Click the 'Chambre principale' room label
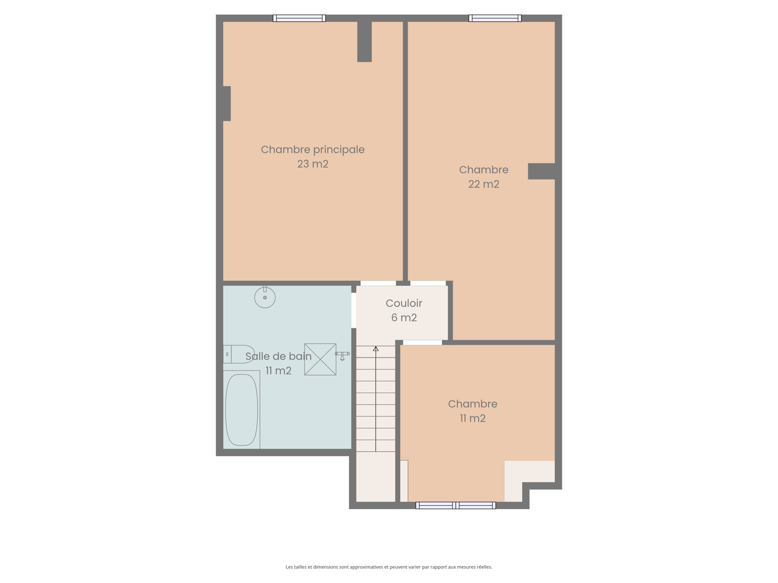(x=312, y=150)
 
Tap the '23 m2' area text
(x=312, y=164)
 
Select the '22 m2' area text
(x=483, y=184)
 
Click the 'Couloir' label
(x=404, y=303)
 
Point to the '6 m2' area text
(x=404, y=318)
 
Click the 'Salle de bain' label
(x=278, y=357)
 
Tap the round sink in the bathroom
(x=265, y=297)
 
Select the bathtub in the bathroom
(x=242, y=410)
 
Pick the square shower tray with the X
(x=320, y=360)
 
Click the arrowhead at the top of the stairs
(x=376, y=349)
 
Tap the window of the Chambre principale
(x=299, y=18)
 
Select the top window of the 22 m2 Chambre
(x=495, y=18)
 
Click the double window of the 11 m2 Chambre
(x=456, y=505)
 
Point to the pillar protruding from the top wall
(x=364, y=42)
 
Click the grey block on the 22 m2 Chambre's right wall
(x=541, y=171)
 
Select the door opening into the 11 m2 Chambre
(x=423, y=343)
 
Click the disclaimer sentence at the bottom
(x=389, y=566)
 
